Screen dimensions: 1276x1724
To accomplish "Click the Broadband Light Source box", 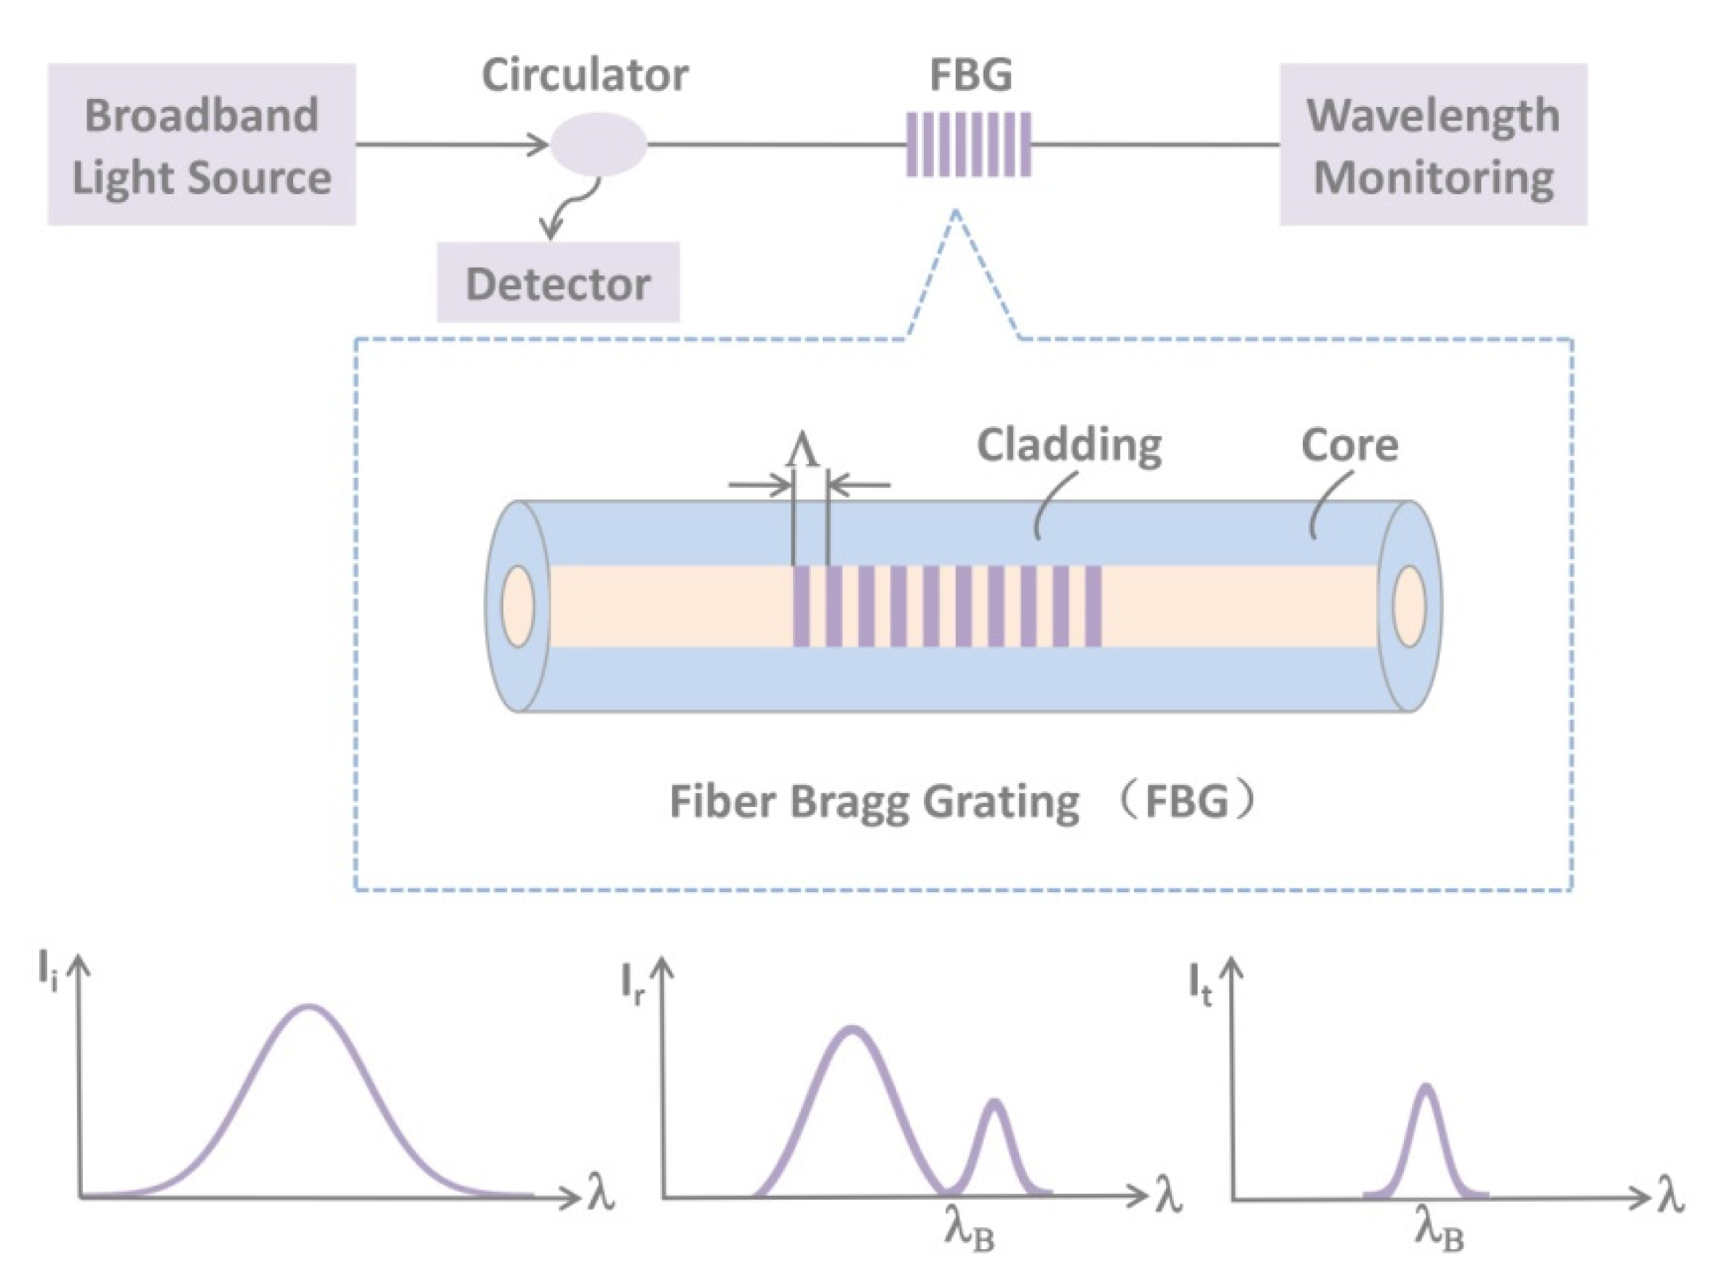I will click(201, 145).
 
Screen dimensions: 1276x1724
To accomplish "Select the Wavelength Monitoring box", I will click(1433, 145).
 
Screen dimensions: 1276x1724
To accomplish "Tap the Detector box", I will click(557, 283).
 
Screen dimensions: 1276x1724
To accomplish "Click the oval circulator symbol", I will click(598, 145).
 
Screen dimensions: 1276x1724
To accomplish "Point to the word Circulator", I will click(584, 75).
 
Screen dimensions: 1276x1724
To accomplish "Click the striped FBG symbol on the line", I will click(968, 145).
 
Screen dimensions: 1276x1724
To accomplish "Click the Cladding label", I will click(1069, 445).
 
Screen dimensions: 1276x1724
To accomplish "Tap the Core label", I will click(1349, 446).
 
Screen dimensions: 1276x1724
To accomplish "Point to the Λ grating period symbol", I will click(803, 450).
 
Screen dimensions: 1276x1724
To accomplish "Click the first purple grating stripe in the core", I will click(802, 606).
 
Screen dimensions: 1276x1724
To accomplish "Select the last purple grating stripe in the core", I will click(1093, 606).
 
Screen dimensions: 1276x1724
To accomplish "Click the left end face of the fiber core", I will click(517, 606).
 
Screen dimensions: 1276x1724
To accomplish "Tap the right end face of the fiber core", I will click(1410, 606).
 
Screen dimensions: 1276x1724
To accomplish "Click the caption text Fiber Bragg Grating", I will click(873, 801).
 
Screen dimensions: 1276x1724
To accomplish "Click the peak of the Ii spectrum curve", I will click(309, 1007).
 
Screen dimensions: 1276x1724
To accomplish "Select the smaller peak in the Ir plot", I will click(994, 1102).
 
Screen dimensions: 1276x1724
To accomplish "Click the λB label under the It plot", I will click(1439, 1230).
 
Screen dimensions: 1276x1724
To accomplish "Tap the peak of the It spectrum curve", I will click(1426, 1088).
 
